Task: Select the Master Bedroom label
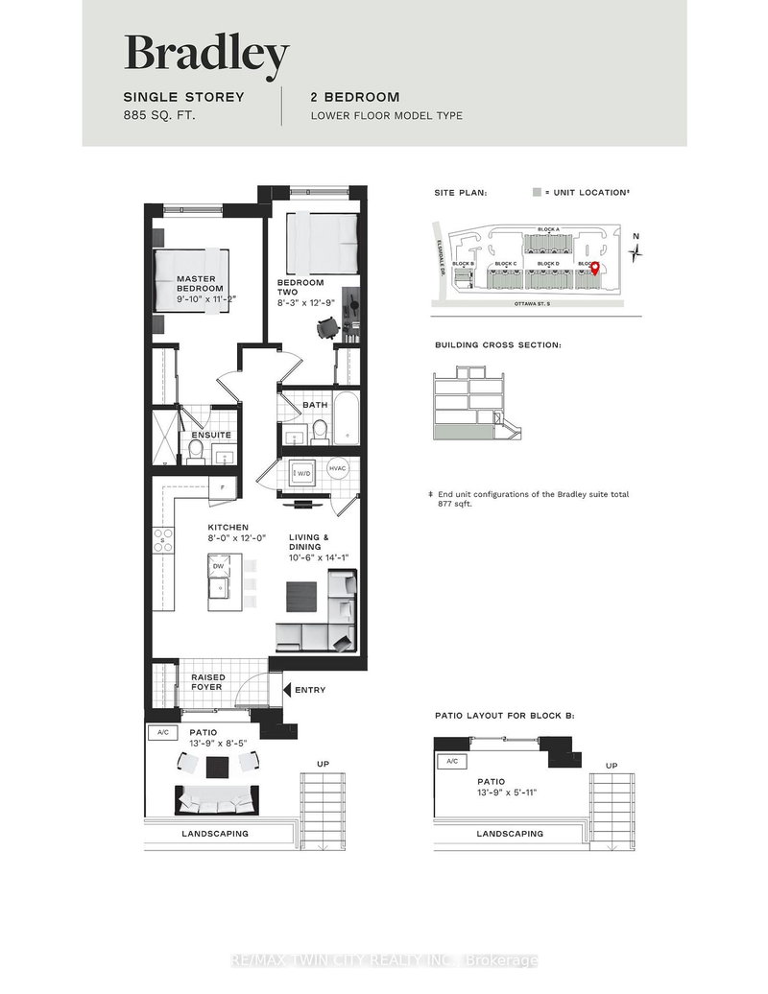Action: (200, 284)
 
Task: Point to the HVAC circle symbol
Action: (337, 468)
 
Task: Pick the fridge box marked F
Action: (223, 486)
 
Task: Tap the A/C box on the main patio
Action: (160, 733)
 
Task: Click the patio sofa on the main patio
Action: (217, 800)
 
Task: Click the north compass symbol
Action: (635, 251)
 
